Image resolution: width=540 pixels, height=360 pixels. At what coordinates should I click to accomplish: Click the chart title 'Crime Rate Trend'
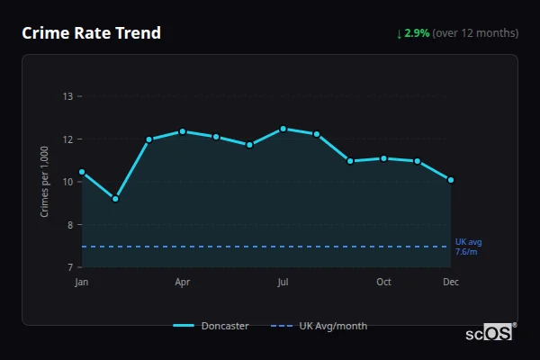coord(91,33)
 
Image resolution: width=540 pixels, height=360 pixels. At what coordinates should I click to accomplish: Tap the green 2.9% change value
coord(417,33)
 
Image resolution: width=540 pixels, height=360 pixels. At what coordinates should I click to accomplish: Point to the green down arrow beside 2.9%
coord(400,33)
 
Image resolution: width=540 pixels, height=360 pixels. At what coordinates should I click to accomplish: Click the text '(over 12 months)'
coord(475,33)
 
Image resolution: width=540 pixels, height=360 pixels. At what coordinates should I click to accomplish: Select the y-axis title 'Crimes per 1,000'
coord(44,181)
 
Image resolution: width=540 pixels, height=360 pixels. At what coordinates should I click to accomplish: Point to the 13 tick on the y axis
coord(67,96)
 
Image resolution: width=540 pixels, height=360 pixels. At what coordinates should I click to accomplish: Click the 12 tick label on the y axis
coord(67,139)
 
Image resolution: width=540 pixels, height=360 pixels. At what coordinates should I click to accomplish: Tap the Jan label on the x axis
coord(82,283)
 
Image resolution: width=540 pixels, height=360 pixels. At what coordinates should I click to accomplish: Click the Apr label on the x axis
coord(183,283)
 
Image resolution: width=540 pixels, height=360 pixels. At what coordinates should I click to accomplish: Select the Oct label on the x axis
coord(383,283)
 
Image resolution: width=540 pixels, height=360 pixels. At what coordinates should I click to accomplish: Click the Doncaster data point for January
coord(82,172)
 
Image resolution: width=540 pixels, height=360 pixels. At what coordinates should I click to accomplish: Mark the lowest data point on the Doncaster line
coord(115,199)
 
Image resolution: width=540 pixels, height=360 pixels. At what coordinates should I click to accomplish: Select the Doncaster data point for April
coord(183,131)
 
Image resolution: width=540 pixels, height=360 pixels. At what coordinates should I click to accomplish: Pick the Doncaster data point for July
coord(283,129)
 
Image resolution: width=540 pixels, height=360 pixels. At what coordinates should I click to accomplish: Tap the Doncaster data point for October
coord(383,158)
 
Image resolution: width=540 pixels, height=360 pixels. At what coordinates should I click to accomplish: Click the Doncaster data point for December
coord(451,180)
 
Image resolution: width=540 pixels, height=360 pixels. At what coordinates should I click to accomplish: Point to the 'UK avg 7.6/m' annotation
coord(468,247)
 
